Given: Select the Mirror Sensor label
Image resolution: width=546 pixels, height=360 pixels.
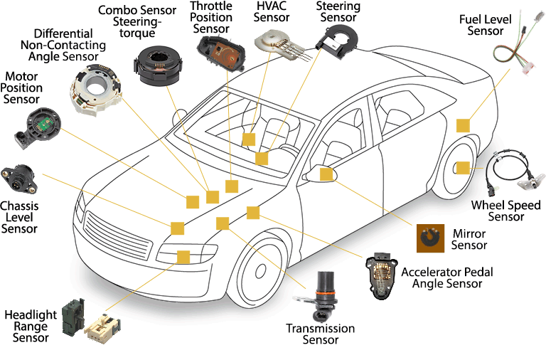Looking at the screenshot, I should tap(469, 239).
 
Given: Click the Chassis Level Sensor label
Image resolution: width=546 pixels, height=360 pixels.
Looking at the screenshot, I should tap(19, 217).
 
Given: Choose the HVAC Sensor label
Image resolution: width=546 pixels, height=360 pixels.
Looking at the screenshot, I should tap(272, 12).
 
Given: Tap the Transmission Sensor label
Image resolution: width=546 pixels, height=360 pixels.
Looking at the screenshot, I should tap(320, 334).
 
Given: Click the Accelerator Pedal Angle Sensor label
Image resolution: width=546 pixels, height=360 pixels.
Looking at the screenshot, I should tap(447, 277).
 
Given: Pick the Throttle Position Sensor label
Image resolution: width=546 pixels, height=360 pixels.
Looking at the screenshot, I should tap(211, 17).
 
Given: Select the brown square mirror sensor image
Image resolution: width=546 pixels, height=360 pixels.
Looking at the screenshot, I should tap(429, 238).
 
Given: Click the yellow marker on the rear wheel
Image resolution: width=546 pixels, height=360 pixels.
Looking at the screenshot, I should tap(463, 168).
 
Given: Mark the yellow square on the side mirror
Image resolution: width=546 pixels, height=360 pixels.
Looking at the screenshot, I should tap(326, 174).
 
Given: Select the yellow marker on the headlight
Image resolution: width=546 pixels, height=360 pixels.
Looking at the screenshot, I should tap(183, 258).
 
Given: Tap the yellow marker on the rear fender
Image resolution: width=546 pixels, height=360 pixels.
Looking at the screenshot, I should tap(463, 125).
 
